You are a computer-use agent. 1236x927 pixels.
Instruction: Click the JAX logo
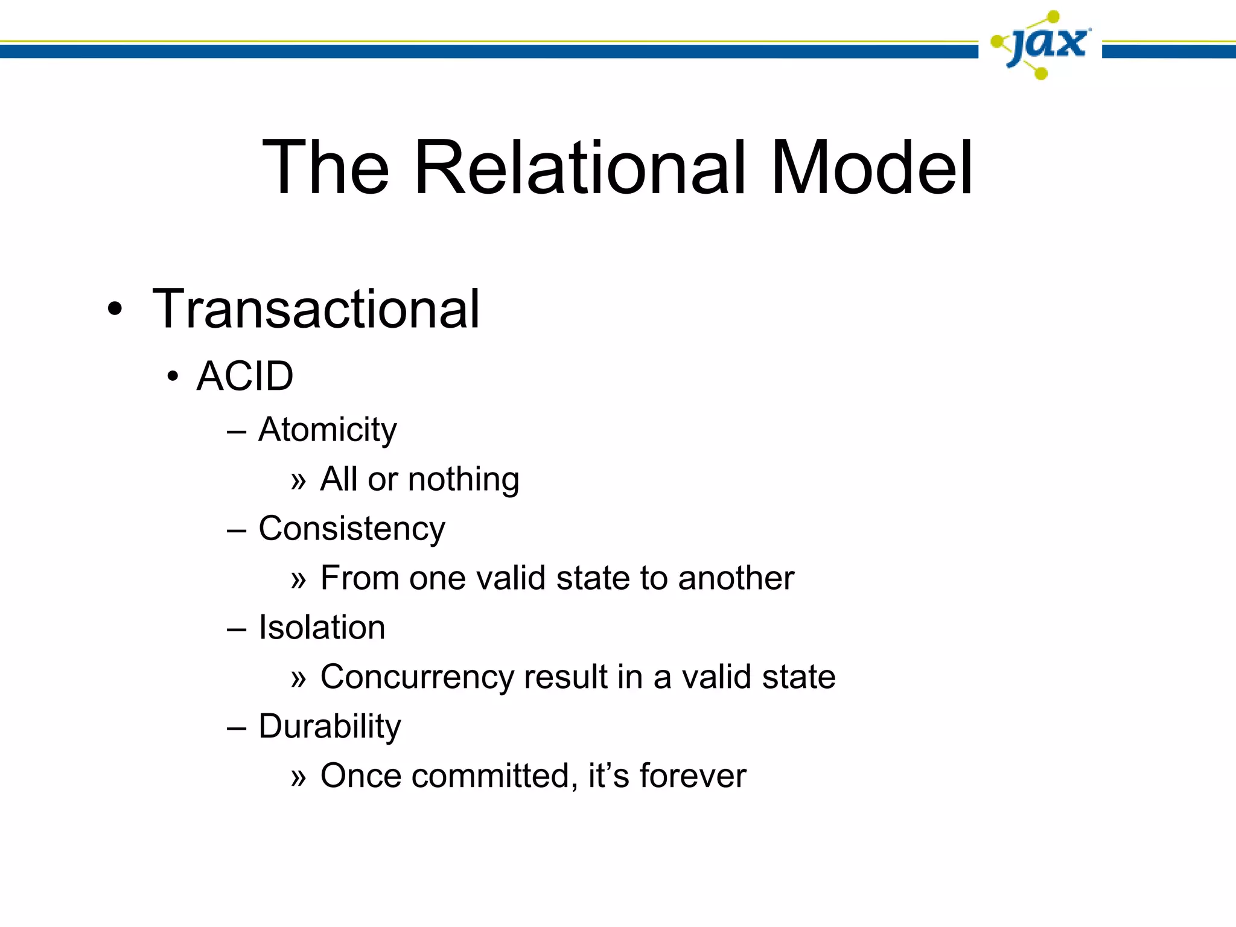click(1040, 45)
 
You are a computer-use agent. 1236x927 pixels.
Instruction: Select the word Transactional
click(316, 309)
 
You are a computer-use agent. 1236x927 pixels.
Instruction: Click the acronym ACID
click(245, 377)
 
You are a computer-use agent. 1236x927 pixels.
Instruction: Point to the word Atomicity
click(328, 430)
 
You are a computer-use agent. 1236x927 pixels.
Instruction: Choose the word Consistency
click(352, 529)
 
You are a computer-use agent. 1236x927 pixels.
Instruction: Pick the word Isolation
click(322, 628)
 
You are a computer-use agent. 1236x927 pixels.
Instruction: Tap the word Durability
click(330, 726)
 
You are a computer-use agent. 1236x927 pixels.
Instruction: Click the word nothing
click(463, 480)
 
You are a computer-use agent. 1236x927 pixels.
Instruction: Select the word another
click(736, 578)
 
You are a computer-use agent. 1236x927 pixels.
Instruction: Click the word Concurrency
click(416, 677)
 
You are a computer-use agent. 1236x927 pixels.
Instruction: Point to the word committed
click(490, 776)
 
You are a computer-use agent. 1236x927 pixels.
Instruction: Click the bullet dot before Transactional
click(114, 310)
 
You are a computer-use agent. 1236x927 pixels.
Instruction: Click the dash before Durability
click(237, 728)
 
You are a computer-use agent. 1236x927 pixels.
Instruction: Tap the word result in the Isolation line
click(565, 677)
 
